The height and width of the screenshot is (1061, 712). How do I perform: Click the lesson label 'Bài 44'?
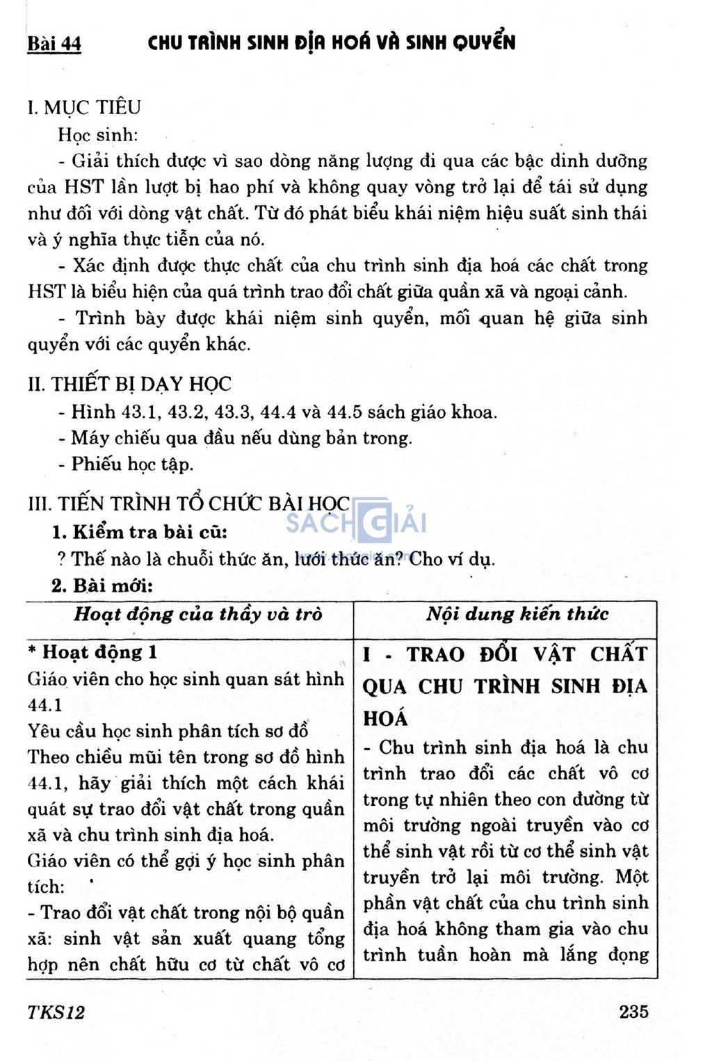54,44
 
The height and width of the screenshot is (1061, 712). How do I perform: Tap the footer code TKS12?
56,1012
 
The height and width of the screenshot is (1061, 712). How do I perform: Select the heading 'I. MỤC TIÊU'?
84,108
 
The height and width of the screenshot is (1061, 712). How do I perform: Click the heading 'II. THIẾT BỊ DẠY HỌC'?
129,384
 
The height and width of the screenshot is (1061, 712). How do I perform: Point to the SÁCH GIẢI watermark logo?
356,522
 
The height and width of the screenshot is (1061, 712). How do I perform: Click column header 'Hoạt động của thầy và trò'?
198,615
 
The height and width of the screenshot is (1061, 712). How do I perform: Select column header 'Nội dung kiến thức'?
517,614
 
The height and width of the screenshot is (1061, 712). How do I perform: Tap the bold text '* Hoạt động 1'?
92,652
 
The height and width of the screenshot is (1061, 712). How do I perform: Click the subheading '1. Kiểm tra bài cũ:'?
140,533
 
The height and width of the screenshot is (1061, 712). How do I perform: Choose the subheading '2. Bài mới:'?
102,585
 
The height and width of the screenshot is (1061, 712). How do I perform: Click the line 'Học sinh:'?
98,135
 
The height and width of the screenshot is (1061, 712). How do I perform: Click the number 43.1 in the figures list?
141,412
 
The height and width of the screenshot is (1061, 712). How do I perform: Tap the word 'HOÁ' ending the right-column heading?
385,718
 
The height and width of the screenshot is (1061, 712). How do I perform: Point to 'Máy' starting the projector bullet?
89,438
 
